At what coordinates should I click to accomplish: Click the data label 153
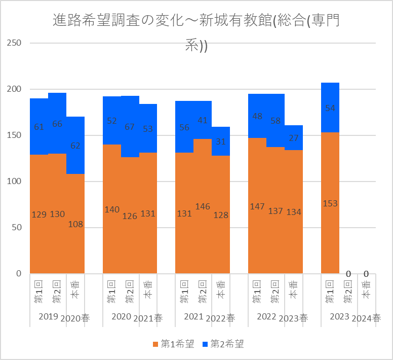(x=330, y=204)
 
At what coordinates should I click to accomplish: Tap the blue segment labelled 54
(x=330, y=108)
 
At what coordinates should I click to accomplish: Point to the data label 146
(x=203, y=206)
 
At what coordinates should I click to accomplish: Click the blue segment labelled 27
(x=293, y=137)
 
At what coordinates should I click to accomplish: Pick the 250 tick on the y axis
(x=14, y=43)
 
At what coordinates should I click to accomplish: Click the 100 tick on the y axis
(x=14, y=181)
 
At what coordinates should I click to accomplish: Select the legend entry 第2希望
(x=223, y=344)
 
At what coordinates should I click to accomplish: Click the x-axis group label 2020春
(x=75, y=318)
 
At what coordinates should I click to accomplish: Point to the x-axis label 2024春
(x=366, y=318)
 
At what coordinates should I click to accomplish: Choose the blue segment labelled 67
(x=130, y=126)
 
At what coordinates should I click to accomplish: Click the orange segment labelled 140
(x=112, y=209)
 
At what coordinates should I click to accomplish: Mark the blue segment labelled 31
(x=221, y=142)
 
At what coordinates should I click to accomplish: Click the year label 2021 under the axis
(x=193, y=317)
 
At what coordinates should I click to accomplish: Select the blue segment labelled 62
(x=75, y=145)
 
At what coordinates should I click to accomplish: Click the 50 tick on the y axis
(x=16, y=227)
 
